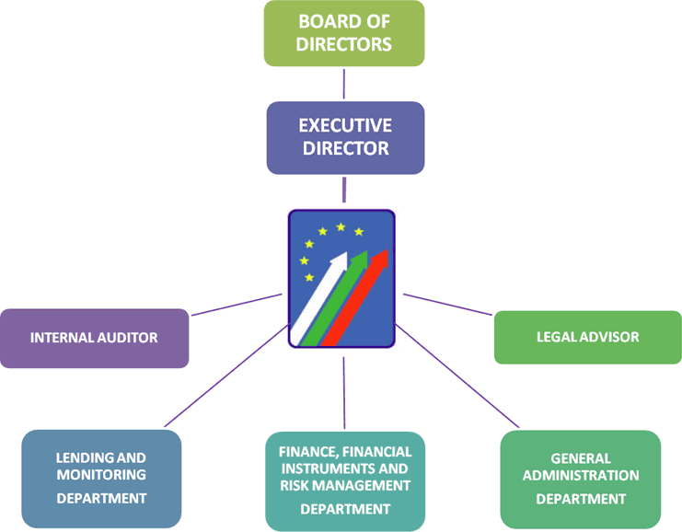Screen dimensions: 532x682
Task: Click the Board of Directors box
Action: click(x=343, y=33)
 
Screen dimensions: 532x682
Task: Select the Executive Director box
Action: click(x=345, y=137)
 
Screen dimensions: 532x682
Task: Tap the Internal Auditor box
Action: click(x=94, y=338)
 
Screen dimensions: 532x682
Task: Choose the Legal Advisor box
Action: click(x=587, y=337)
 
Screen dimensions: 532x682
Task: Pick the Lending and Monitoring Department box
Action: click(x=101, y=478)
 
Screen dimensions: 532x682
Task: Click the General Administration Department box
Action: click(x=581, y=478)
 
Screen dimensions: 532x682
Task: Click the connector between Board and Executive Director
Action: click(x=343, y=84)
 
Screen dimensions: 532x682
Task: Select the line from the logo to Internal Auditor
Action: click(x=236, y=305)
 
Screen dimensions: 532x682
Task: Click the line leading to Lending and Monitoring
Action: click(x=225, y=376)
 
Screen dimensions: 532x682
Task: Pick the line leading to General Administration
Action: click(x=457, y=377)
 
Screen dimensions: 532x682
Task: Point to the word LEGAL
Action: click(x=556, y=337)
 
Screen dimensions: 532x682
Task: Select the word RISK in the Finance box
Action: click(x=299, y=485)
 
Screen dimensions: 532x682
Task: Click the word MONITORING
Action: click(x=101, y=475)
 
